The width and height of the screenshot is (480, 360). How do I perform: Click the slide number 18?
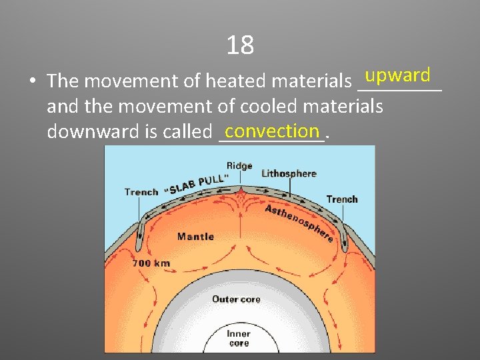pos(240,45)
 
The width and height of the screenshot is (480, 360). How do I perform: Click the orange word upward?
pos(398,75)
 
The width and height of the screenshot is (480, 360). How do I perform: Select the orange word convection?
pos(272,129)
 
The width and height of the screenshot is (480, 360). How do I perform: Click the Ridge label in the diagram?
pos(239,165)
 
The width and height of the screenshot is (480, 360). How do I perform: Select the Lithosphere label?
pos(289,173)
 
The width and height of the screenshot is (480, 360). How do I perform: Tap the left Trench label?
pos(141,192)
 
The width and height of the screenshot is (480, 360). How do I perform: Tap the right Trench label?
pos(342,199)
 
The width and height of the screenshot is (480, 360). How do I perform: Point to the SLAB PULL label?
pos(197,184)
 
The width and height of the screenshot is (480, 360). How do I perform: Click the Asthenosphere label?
pos(299,222)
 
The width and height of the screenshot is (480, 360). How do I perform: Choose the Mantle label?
pos(195,236)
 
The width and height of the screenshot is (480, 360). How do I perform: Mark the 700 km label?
pos(151,263)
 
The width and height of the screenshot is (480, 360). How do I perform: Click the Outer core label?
pos(236,299)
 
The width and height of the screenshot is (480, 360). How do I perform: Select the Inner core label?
pos(239,338)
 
